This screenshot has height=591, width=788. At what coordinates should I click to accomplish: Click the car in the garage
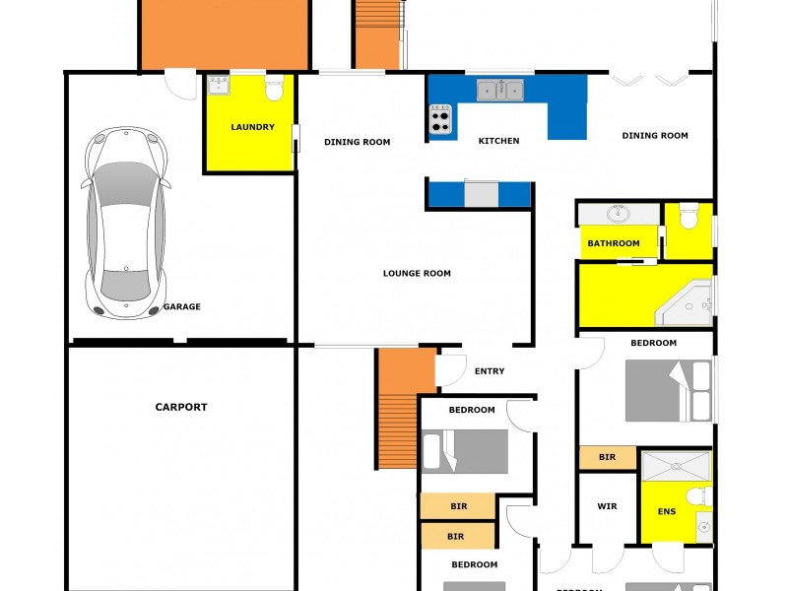(x=126, y=223)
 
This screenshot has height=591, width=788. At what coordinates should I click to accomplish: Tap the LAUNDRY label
(x=252, y=127)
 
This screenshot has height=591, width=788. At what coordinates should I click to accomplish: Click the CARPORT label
(x=181, y=407)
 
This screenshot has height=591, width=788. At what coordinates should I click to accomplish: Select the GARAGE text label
(x=181, y=306)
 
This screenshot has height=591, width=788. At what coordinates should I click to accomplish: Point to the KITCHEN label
(x=498, y=141)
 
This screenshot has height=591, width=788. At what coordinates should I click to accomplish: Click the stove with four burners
(x=440, y=121)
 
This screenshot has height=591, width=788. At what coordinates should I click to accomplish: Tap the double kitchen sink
(x=500, y=91)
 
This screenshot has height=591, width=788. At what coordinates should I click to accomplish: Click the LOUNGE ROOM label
(x=417, y=273)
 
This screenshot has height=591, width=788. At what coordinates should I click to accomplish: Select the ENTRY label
(x=490, y=371)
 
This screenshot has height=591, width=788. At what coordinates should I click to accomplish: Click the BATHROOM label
(x=614, y=243)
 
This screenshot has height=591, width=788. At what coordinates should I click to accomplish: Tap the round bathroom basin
(x=620, y=213)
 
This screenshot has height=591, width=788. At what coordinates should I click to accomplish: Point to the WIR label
(x=607, y=506)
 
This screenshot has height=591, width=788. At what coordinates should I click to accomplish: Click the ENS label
(x=667, y=512)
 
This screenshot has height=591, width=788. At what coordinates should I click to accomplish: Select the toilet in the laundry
(x=275, y=90)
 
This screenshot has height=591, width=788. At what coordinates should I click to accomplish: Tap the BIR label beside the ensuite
(x=607, y=457)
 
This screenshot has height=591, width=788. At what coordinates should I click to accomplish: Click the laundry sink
(x=219, y=86)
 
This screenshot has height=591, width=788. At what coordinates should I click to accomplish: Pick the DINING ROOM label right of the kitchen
(x=655, y=135)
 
